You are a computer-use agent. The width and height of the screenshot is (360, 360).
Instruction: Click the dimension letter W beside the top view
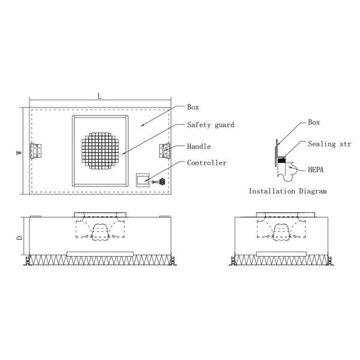19,152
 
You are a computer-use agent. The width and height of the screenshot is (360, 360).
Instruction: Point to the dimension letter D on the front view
19,238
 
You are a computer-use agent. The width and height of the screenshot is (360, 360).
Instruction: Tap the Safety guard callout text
210,125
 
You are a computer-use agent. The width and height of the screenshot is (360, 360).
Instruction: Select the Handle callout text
199,146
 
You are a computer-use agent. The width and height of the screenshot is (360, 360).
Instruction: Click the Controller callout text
206,163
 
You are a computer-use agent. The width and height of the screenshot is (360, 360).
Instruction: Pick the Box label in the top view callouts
193,107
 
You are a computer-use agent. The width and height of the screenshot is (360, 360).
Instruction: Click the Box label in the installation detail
314,122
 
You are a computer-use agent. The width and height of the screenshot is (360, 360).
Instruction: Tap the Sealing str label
329,144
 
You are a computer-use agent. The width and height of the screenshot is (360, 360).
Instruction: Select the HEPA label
316,170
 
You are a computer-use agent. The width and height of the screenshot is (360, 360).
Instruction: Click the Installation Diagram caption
287,191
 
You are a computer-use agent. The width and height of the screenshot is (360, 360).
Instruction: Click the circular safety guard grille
100,150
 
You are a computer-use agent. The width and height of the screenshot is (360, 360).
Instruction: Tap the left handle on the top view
37,151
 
